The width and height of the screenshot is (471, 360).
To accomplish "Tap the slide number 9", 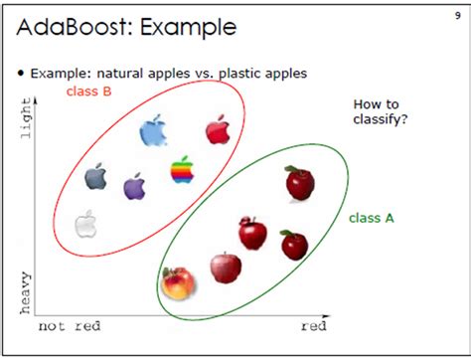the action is [458, 15].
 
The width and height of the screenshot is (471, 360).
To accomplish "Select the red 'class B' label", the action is [88, 91].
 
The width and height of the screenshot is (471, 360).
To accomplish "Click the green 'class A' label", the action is [372, 218].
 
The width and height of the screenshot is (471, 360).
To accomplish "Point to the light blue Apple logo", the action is [153, 130].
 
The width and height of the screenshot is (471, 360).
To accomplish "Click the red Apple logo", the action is [218, 129].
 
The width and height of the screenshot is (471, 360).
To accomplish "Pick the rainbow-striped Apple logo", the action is [182, 169].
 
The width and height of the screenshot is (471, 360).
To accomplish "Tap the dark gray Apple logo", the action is [95, 176].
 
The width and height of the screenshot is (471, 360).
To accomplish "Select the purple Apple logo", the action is [134, 186].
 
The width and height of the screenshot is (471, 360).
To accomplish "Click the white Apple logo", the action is [85, 224].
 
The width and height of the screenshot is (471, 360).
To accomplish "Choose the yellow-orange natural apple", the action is [178, 282].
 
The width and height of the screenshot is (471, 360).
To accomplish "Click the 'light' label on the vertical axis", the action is [26, 117].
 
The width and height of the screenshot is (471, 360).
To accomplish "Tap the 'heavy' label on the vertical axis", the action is [25, 292].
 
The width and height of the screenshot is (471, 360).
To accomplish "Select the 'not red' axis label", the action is [70, 326].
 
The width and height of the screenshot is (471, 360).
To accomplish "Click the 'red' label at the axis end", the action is [314, 326].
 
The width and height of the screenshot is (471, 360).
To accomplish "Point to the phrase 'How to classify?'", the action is [381, 111].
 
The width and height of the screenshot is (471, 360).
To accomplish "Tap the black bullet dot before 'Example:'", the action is [22, 73].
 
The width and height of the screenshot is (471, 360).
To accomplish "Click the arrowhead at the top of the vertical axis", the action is [36, 100].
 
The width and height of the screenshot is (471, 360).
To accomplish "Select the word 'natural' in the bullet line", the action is [120, 73].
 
